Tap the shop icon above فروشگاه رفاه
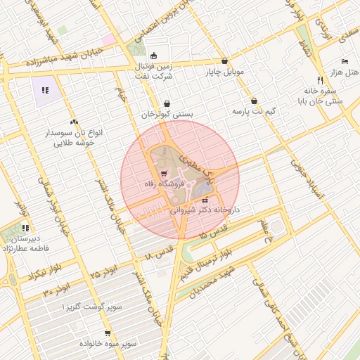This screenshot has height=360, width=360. point(163,173)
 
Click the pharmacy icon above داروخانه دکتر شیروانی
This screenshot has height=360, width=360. point(205,200)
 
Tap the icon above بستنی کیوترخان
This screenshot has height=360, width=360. point(167,103)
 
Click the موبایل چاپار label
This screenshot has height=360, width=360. point(224,72)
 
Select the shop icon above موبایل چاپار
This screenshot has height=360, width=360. point(224,61)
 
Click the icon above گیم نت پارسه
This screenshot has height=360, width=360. point(254,101)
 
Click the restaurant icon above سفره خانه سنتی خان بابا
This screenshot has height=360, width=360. point(320,79)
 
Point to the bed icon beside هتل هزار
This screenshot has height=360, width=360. point(344,62)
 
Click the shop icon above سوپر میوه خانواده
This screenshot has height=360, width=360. point(108,334)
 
